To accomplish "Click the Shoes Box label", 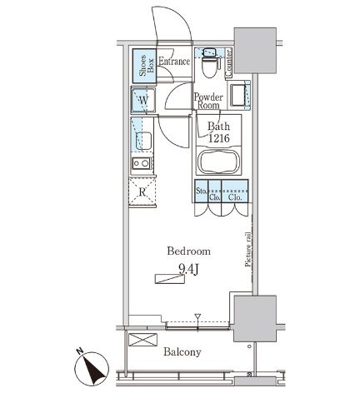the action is (146, 66).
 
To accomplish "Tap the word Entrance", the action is (174, 62).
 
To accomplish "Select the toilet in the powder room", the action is (210, 63).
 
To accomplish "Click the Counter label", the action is (228, 62).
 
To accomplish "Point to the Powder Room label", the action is (208, 101).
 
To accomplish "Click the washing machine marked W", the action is (143, 100).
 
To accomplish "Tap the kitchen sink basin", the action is (143, 141).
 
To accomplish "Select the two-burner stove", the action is (142, 163).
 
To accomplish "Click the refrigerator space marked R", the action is (142, 192).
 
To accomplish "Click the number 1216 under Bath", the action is (219, 138).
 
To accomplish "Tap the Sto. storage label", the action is (201, 191).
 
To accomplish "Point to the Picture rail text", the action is (248, 250).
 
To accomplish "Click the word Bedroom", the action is (188, 251).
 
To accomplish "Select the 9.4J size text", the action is (188, 270).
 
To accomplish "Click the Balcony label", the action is (182, 352).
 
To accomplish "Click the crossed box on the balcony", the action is (142, 340).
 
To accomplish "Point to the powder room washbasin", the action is (239, 96).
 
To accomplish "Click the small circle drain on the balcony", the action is (249, 346).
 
